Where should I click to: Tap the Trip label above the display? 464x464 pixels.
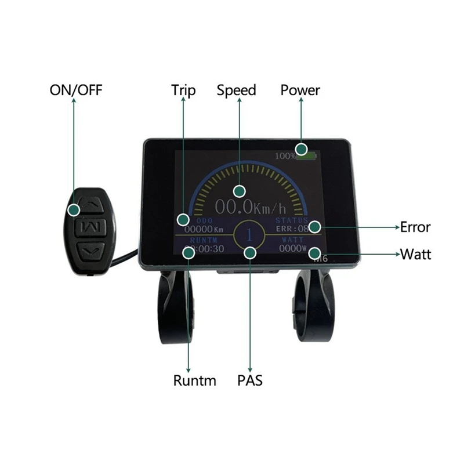183,90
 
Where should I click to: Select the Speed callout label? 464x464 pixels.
236,90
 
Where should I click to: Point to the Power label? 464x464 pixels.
300,90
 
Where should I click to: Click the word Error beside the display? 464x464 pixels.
415,227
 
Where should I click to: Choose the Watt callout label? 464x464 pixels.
415,254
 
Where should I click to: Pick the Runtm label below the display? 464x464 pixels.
194,380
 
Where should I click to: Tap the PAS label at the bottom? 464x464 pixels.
250,380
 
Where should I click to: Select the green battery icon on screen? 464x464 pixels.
307,155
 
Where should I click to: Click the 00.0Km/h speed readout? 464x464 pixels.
250,206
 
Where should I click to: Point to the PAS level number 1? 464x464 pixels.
250,234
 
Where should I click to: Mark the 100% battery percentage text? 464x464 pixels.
285,155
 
